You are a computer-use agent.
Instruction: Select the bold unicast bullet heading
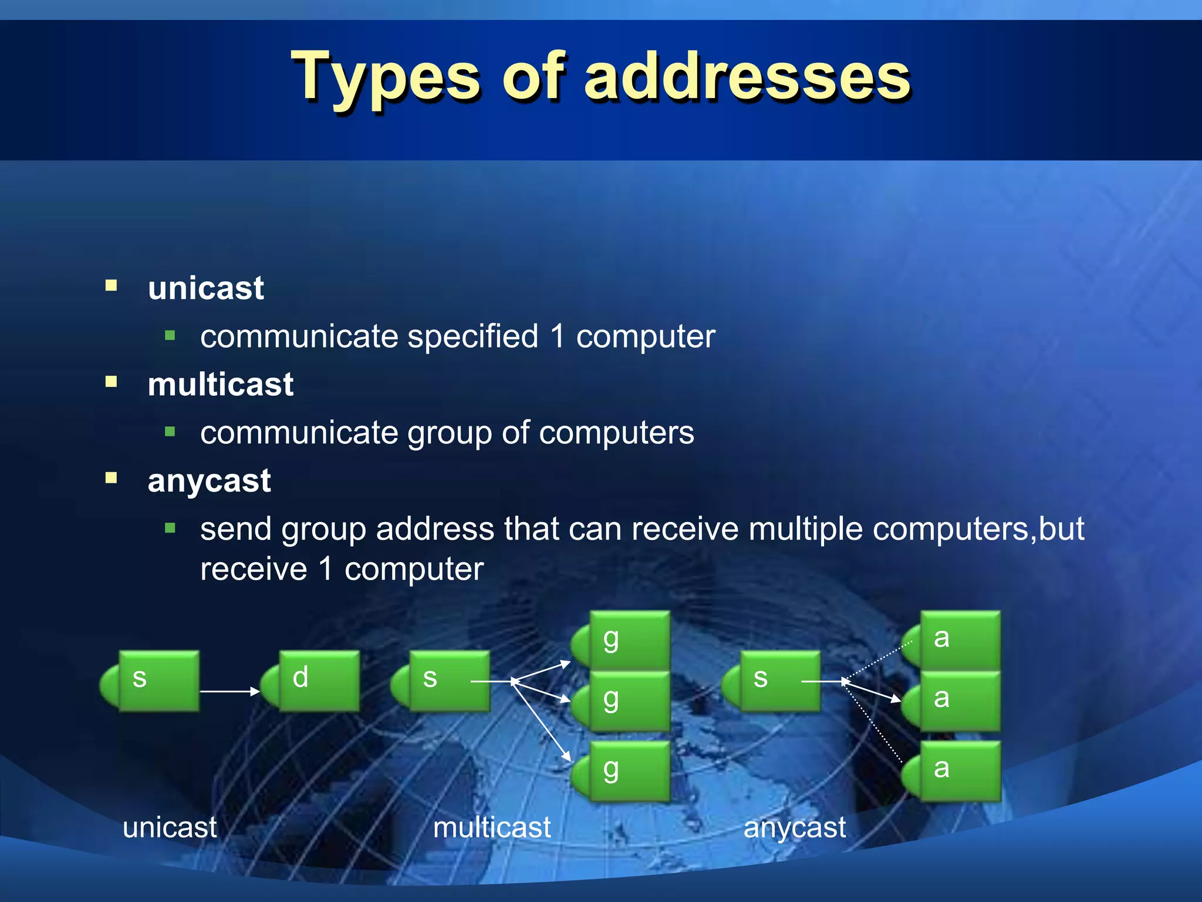pyautogui.click(x=205, y=288)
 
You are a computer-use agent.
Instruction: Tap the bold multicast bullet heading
pyautogui.click(x=220, y=385)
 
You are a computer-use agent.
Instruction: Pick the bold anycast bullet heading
pyautogui.click(x=209, y=481)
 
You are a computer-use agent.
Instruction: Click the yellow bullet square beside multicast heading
pyautogui.click(x=111, y=382)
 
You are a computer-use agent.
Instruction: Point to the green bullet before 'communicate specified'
pyautogui.click(x=170, y=335)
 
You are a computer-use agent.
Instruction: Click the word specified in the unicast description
pyautogui.click(x=472, y=336)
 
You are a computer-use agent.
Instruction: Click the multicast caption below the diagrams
pyautogui.click(x=492, y=827)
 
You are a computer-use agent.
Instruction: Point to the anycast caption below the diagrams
pyautogui.click(x=795, y=827)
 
